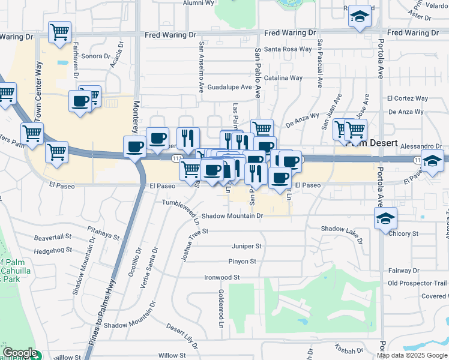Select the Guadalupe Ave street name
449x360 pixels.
click(229, 87)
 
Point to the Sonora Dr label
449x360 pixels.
click(96, 56)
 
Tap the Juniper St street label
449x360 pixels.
click(247, 246)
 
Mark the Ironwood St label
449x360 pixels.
click(221, 277)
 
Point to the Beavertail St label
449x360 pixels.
click(53, 238)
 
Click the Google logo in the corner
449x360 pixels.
click(19, 353)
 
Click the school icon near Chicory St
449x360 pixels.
click(384, 218)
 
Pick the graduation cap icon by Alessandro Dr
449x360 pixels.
click(432, 160)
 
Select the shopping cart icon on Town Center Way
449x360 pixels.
click(32, 133)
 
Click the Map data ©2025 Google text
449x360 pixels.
click(412, 355)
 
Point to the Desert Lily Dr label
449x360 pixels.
click(182, 337)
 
